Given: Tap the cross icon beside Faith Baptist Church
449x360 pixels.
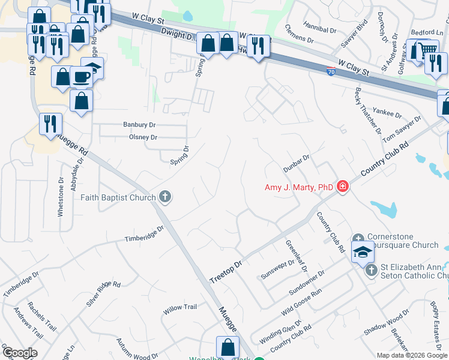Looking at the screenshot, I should point(164,197).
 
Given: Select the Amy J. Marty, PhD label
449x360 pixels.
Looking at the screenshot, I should point(299,187).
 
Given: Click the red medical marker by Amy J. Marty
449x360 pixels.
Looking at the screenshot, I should point(343,187).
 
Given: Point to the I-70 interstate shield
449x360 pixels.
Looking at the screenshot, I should point(331,71).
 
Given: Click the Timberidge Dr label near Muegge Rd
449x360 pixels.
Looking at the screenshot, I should point(144,233).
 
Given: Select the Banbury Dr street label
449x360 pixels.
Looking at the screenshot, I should point(139,125).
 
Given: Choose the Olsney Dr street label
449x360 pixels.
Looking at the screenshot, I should point(143,137).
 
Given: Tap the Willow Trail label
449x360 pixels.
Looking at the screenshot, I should point(180,307).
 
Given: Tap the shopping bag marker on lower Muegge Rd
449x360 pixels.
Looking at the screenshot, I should point(228,347).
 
